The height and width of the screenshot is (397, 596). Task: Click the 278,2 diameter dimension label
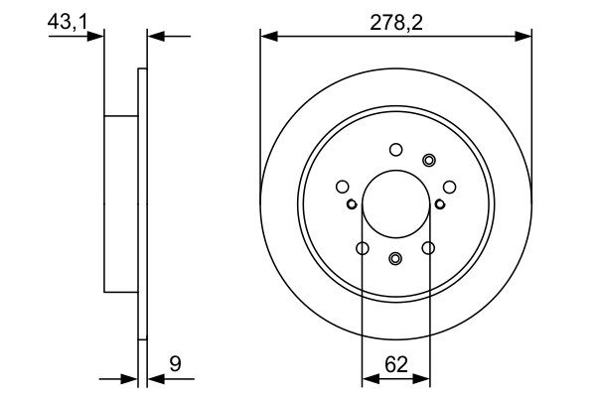(x=395, y=21)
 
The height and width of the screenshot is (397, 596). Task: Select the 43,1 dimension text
(x=67, y=20)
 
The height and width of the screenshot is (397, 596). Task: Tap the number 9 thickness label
(x=176, y=364)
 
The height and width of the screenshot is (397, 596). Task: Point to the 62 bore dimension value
(x=396, y=364)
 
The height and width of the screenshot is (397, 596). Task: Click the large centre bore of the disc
(x=395, y=204)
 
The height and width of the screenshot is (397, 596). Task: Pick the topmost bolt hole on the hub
(x=395, y=150)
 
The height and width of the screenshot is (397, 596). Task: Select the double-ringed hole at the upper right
(x=429, y=160)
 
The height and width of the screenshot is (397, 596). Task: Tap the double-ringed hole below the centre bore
(x=395, y=259)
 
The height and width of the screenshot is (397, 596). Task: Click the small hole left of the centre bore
(x=352, y=205)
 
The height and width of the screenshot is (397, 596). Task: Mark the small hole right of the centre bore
(x=440, y=205)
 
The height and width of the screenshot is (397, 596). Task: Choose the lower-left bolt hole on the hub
(x=362, y=248)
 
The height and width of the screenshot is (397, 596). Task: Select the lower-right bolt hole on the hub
(x=429, y=248)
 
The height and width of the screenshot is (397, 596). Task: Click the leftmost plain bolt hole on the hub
(x=343, y=186)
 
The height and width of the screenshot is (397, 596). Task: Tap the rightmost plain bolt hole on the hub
(x=449, y=186)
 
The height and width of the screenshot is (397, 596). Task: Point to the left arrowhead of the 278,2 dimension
(x=267, y=37)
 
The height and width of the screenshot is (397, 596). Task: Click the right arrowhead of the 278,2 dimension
(x=525, y=37)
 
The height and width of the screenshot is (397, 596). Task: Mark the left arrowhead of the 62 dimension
(x=369, y=378)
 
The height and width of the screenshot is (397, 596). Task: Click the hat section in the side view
(x=120, y=203)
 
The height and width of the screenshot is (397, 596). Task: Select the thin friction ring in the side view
(x=142, y=203)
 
